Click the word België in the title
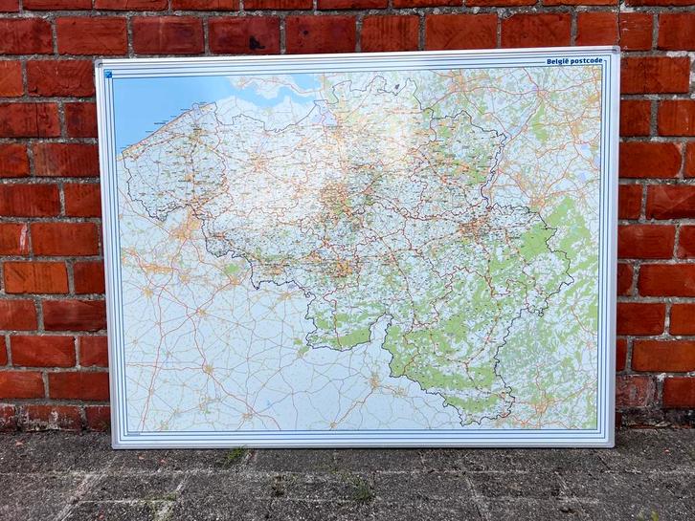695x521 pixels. pos(558,61)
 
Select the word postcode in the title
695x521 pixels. pos(589,61)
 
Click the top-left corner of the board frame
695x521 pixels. pos(97,62)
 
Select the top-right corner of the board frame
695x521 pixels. pos(617,51)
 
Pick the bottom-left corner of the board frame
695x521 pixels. pos(114,446)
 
